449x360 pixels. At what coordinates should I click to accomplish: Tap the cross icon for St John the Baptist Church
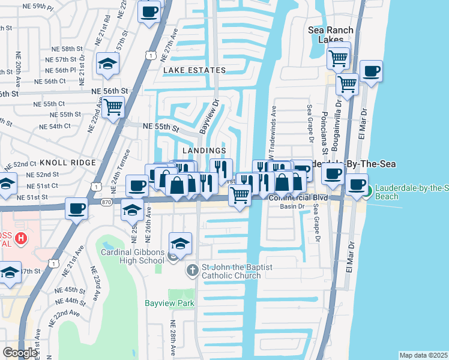tap(192, 271)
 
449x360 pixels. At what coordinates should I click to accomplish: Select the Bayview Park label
tap(169, 303)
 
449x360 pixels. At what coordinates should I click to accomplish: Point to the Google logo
tap(20, 353)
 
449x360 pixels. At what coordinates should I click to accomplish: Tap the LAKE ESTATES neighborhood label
tap(194, 70)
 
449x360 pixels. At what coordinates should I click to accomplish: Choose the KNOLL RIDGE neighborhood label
tap(67, 163)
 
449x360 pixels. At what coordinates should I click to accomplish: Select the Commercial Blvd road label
tap(298, 197)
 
